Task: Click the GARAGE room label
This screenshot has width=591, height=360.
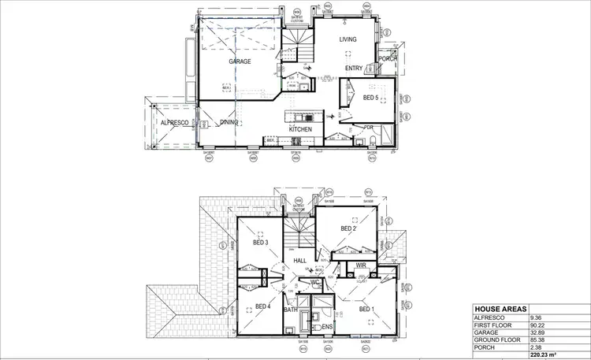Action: coord(240,61)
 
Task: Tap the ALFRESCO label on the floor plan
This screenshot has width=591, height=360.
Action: coord(174,124)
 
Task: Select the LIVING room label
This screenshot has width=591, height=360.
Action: coord(348,39)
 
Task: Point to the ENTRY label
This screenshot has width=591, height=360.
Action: coord(355,69)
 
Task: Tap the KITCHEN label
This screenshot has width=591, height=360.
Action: coord(300,129)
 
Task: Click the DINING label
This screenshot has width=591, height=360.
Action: coord(229,123)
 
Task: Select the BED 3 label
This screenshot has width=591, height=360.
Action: coord(262,243)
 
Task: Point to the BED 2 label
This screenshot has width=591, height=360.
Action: coord(349,228)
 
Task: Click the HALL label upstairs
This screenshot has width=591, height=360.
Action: coord(299,261)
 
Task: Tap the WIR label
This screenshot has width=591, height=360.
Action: coord(362,265)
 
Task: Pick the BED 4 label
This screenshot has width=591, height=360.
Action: coord(263,306)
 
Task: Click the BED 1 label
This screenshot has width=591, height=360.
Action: coord(366,310)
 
